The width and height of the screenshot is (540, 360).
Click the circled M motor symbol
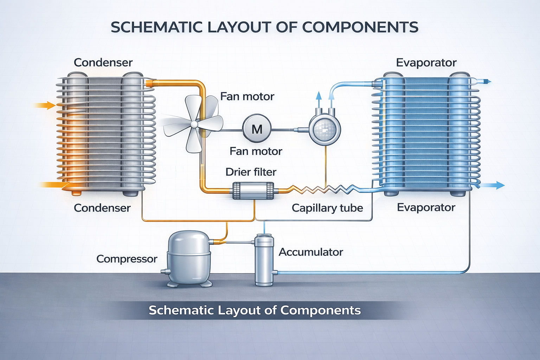257,129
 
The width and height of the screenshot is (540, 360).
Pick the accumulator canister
264,260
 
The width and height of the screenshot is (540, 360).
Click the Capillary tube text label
327,208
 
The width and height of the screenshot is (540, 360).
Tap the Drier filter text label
251,172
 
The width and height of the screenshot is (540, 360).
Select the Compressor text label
127,259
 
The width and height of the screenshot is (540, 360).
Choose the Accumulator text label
310,252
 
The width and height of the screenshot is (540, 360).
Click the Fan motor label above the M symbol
247,96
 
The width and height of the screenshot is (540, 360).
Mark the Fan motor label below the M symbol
256,151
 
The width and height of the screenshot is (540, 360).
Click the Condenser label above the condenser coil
103,63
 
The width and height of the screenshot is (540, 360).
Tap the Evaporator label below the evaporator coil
426,207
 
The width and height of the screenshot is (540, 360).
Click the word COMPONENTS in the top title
360,27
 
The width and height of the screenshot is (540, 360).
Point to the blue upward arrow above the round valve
319,96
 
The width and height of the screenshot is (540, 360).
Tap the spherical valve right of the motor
324,129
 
